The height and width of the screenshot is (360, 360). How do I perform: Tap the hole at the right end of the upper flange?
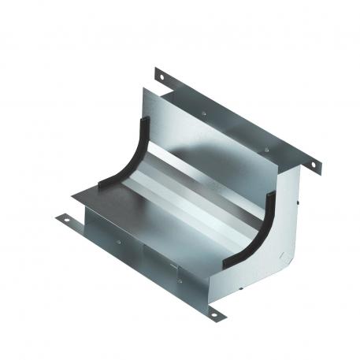[313, 165]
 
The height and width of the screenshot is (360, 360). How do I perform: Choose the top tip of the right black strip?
[276, 192]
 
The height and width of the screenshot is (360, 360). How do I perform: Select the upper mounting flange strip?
[236, 118]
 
